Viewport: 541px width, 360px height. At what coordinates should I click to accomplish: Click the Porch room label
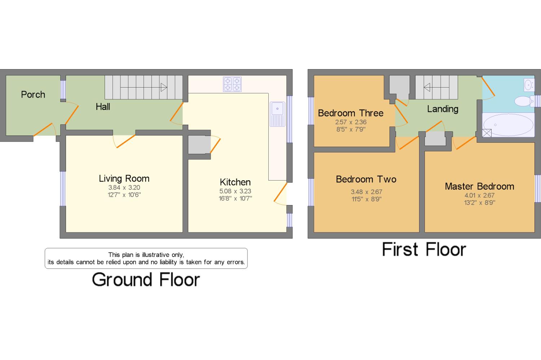click(x=33, y=94)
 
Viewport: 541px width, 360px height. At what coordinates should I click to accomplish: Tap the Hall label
click(x=103, y=107)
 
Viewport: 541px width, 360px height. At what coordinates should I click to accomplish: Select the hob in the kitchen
click(x=232, y=84)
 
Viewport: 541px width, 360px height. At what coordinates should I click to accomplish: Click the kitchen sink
click(x=277, y=114)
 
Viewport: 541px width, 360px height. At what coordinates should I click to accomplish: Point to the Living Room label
click(x=124, y=178)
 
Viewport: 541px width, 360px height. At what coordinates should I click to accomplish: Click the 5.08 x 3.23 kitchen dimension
click(x=235, y=191)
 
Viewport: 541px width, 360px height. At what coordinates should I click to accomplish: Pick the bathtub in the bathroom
click(x=508, y=125)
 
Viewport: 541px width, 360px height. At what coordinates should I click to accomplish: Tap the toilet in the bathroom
click(x=524, y=101)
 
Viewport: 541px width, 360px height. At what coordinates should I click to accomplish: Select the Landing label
click(x=443, y=109)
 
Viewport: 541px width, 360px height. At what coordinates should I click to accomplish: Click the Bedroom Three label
click(x=351, y=113)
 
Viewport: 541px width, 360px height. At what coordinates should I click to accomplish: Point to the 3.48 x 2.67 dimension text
click(x=366, y=192)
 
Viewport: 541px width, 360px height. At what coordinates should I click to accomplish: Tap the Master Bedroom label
click(x=479, y=186)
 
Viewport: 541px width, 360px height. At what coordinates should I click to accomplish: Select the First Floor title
click(x=424, y=249)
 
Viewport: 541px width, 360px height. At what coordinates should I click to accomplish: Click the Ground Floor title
click(x=146, y=280)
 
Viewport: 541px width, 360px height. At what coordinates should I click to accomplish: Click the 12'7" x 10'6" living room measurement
click(x=124, y=195)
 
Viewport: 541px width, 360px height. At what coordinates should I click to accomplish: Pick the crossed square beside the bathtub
click(x=487, y=133)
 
